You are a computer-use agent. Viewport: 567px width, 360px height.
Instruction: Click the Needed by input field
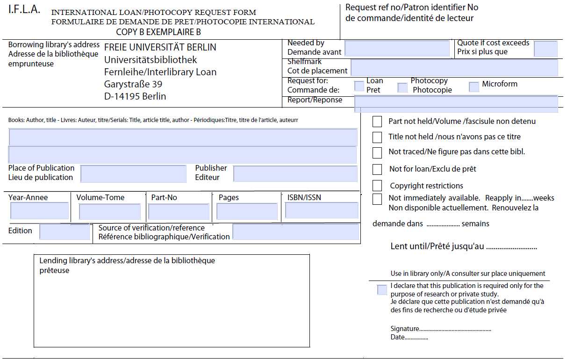(397, 49)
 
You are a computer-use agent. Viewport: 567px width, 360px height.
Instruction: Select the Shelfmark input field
(454, 67)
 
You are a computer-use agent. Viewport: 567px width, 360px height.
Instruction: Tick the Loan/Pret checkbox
(359, 86)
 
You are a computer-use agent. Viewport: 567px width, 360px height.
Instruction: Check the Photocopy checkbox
(402, 87)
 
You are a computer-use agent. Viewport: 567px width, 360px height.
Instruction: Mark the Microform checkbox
(474, 86)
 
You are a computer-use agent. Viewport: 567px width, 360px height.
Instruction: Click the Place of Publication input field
(133, 174)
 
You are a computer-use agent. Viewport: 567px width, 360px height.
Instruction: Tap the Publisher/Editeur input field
(295, 174)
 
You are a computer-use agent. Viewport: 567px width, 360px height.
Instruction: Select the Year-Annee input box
(39, 211)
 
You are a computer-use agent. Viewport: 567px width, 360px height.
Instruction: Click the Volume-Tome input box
(109, 212)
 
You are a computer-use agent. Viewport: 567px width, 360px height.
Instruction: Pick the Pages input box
(247, 212)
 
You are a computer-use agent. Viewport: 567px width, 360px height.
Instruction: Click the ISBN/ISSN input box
(322, 210)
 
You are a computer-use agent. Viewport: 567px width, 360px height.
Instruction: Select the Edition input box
(64, 232)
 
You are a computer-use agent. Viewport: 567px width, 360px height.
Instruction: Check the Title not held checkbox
(377, 137)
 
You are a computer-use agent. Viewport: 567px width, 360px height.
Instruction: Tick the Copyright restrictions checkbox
(377, 186)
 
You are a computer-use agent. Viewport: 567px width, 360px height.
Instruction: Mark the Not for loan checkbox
(377, 169)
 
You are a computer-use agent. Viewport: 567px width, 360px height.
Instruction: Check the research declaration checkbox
(382, 290)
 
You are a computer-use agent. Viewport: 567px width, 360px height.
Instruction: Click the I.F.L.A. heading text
(24, 10)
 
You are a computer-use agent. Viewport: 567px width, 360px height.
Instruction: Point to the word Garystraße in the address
(127, 85)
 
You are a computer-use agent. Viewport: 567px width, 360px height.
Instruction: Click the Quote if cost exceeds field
(545, 49)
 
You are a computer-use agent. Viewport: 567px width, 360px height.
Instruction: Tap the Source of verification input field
(295, 232)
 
